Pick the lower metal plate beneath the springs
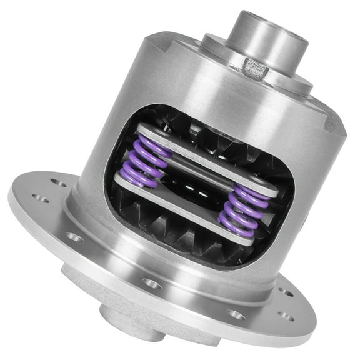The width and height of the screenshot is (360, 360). [x=181, y=209]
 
